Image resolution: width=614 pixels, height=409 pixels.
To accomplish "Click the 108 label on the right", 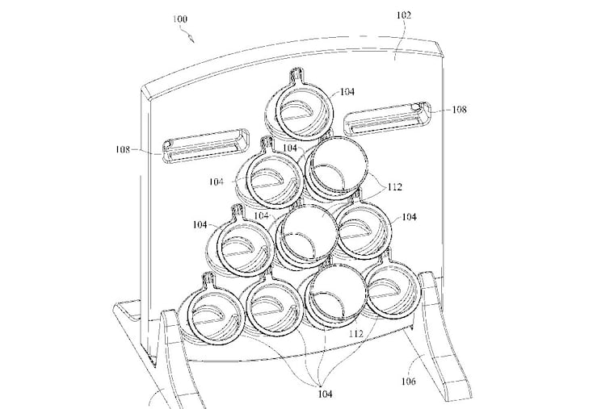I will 459,110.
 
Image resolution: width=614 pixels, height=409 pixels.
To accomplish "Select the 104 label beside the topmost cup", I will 346,93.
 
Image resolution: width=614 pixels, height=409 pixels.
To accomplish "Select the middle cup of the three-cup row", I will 306,235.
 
